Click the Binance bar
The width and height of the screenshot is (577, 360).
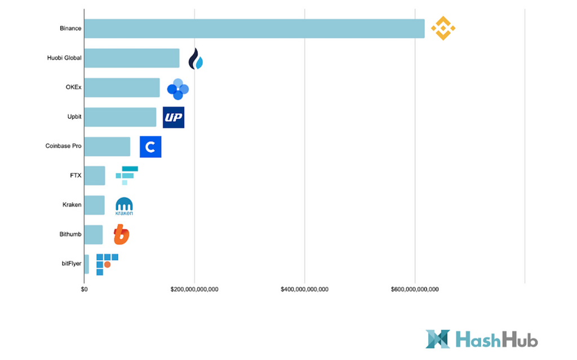254,29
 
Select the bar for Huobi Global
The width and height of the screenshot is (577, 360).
132,58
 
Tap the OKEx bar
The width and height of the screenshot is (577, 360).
122,87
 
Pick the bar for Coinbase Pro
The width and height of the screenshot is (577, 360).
107,146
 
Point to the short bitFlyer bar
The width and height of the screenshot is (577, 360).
86,264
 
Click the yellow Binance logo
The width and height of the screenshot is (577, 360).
443,28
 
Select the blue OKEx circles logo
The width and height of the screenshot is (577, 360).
178,89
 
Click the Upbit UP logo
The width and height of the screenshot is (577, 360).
174,117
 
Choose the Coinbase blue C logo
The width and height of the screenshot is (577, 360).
150,147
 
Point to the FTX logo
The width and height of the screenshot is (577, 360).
127,175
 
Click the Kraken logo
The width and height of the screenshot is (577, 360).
124,206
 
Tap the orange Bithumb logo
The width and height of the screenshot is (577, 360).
121,234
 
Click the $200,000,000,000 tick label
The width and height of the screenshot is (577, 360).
194,289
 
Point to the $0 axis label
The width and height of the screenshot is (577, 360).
84,289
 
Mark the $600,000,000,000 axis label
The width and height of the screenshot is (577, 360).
415,289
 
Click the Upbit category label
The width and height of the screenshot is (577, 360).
74,117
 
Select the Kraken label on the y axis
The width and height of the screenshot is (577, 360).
72,205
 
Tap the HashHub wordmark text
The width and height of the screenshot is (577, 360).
496,340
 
